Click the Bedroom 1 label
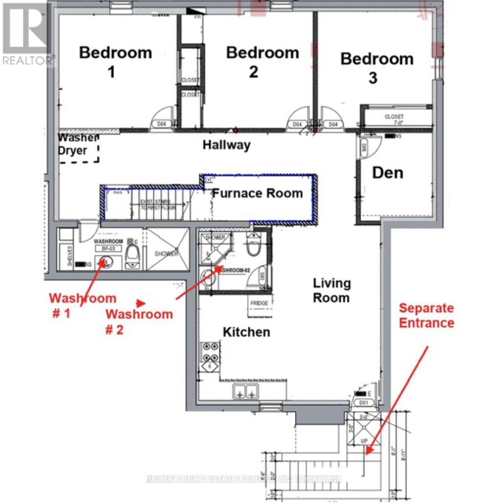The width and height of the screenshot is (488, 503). click(x=115, y=62)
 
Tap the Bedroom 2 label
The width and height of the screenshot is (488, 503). click(x=262, y=62)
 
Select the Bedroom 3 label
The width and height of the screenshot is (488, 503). click(x=377, y=67)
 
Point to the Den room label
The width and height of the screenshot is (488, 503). click(x=388, y=173)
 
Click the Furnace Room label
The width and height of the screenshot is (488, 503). click(x=257, y=193)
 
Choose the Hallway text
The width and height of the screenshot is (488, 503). click(x=226, y=145)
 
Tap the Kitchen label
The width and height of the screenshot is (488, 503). click(x=246, y=332)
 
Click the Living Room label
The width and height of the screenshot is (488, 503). click(x=331, y=290)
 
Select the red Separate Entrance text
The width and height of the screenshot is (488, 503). click(x=426, y=316)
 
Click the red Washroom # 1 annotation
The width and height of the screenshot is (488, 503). click(x=82, y=305)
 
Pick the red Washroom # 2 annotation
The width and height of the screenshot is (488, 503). click(x=139, y=321)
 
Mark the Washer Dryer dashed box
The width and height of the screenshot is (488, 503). click(x=79, y=148)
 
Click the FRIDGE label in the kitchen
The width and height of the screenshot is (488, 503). click(x=259, y=303)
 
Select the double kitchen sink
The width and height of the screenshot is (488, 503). click(x=245, y=392)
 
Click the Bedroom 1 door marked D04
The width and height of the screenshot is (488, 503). click(x=162, y=124)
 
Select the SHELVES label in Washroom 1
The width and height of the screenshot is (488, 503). click(x=69, y=256)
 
